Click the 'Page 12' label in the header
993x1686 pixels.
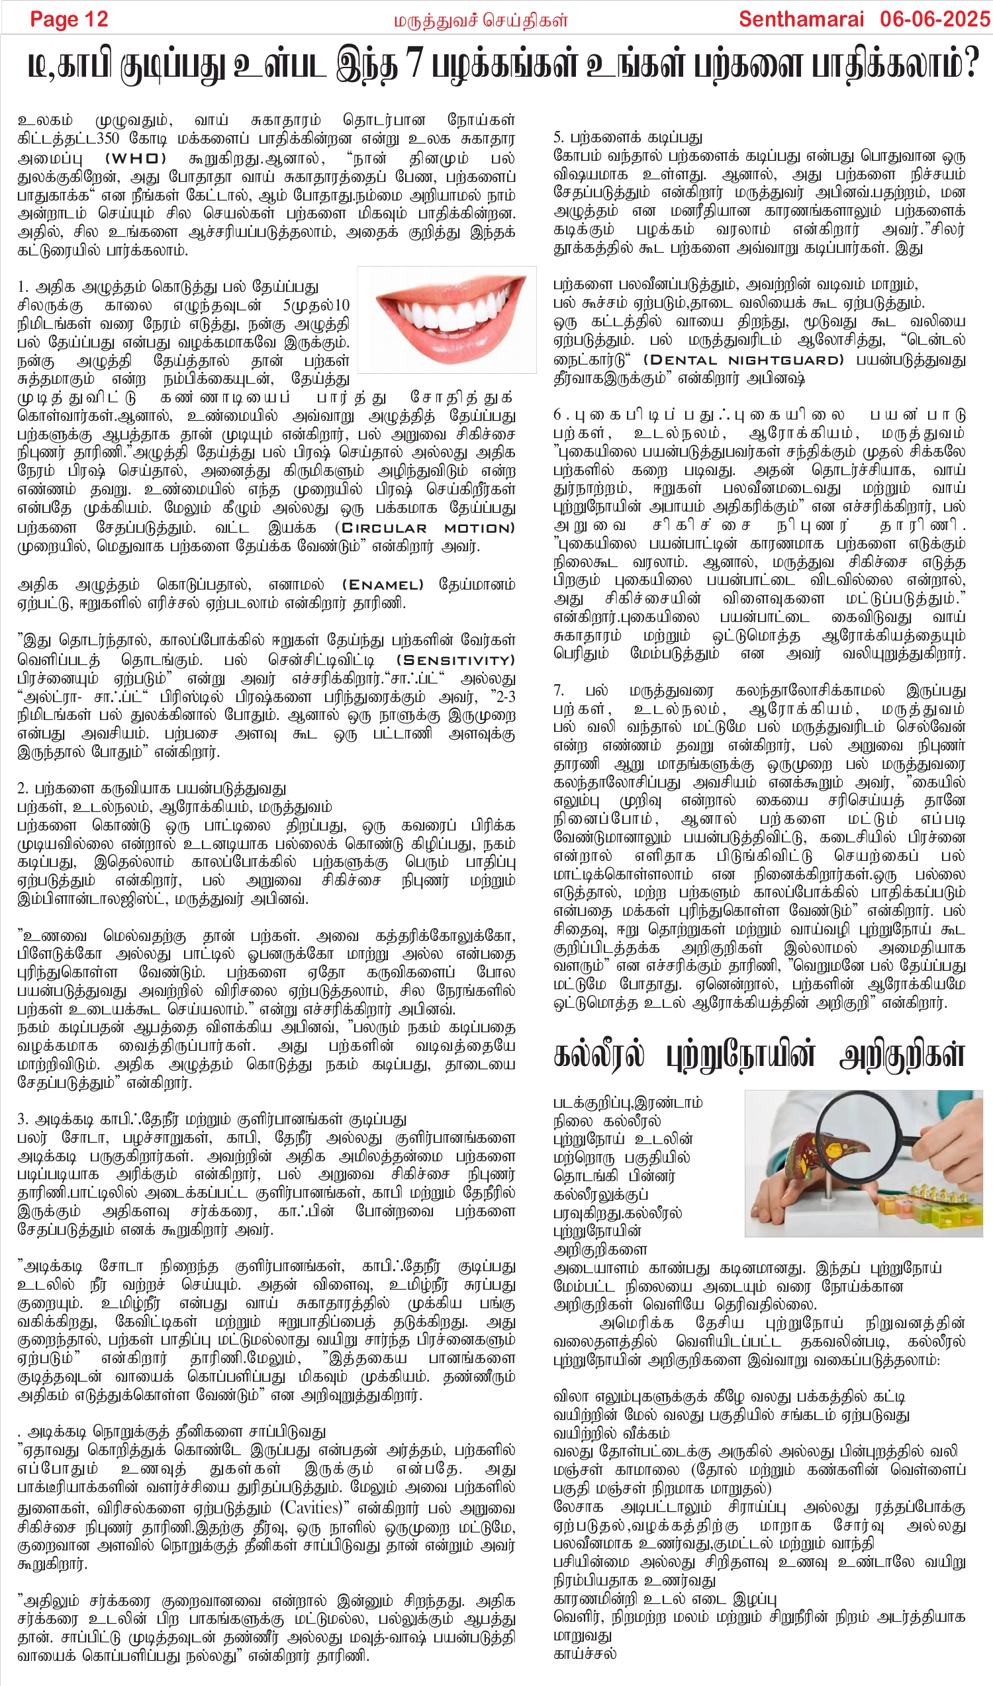click(69, 19)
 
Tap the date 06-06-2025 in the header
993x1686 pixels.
click(934, 19)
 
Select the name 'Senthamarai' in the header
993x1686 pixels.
click(801, 19)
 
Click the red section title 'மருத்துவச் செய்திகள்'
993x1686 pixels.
click(481, 21)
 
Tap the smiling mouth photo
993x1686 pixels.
click(447, 319)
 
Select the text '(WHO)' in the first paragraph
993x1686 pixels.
click(136, 159)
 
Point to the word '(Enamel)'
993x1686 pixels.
click(383, 585)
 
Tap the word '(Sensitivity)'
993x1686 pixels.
click(455, 660)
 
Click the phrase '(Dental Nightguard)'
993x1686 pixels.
click(743, 360)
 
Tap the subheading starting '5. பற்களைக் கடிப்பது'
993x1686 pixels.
click(628, 138)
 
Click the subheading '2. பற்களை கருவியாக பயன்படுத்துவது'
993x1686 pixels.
click(152, 788)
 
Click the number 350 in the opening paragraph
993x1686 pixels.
click(107, 138)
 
